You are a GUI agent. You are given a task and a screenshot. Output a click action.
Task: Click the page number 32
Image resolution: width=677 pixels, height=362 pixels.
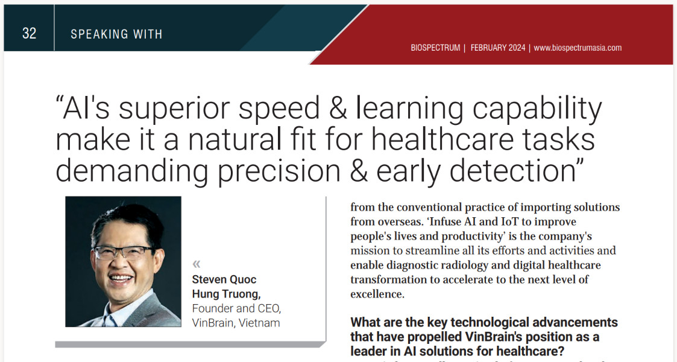[30, 33]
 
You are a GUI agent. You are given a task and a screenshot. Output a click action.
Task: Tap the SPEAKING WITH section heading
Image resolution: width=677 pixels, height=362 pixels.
[116, 34]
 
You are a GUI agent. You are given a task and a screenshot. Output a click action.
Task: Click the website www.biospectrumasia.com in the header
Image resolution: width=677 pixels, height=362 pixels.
[578, 48]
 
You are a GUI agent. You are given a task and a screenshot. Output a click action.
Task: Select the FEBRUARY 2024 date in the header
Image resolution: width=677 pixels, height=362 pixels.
[498, 48]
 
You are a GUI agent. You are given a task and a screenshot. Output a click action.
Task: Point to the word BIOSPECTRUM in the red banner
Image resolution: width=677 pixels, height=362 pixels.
[435, 48]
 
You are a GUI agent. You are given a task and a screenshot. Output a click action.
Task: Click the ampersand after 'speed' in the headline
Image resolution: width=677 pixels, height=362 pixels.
[338, 109]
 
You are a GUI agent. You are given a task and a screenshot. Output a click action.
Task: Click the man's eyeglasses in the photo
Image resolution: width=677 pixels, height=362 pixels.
[122, 252]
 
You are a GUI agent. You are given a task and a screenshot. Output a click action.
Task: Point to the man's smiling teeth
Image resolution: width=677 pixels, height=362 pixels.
[121, 278]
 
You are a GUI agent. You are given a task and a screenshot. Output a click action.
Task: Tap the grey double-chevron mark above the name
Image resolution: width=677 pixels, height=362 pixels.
[197, 264]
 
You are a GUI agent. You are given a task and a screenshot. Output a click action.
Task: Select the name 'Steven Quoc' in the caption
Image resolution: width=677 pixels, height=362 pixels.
[224, 279]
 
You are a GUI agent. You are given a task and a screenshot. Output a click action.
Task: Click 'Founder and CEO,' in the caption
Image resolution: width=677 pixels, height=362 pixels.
[236, 308]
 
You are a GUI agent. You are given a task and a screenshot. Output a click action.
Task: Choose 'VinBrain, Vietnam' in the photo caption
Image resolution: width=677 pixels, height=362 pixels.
[236, 323]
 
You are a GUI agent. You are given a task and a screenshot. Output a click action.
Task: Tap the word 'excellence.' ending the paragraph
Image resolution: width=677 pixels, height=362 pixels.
[377, 294]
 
